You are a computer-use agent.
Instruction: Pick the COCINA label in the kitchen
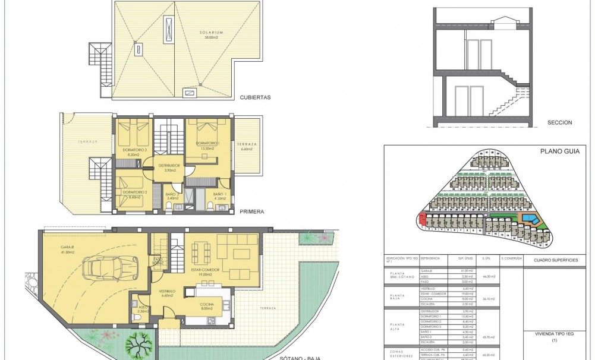click(207, 305)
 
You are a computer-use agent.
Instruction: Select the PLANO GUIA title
click(555, 152)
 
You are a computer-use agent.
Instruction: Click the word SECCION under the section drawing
click(560, 123)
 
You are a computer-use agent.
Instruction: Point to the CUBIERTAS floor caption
click(256, 98)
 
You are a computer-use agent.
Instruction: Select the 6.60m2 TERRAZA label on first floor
click(247, 147)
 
